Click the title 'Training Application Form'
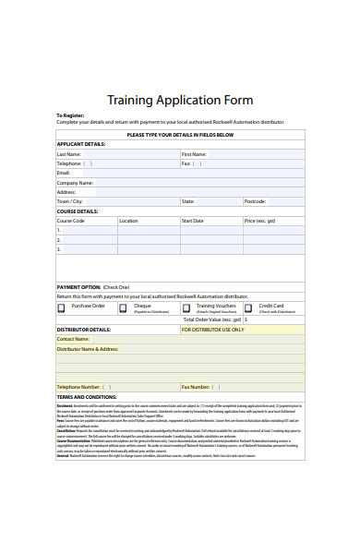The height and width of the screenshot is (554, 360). [180, 100]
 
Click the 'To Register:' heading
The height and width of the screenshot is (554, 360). [70, 115]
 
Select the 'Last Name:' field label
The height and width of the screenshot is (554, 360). [69, 154]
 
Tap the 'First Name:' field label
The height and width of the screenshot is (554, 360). [194, 154]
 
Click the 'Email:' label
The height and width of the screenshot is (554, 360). [64, 173]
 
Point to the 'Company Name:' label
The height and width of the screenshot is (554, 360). [76, 183]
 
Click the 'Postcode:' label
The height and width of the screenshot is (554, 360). [255, 201]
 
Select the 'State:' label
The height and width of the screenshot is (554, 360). [187, 201]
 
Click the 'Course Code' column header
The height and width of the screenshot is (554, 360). [71, 221]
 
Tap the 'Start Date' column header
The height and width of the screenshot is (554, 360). [192, 221]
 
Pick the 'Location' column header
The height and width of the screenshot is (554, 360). [128, 221]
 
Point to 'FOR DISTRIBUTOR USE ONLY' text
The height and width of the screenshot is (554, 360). [212, 329]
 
